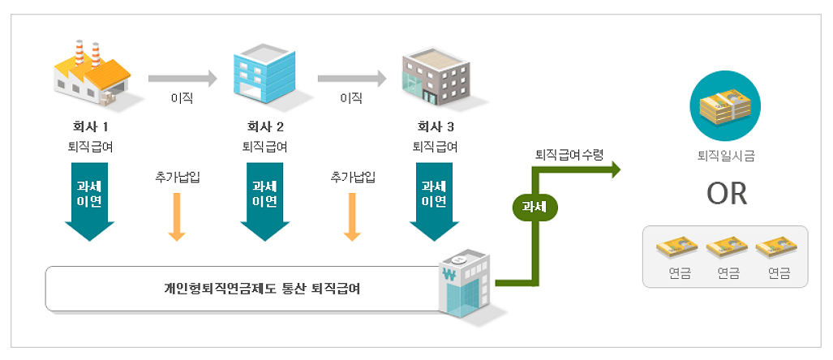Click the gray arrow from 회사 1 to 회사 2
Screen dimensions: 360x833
[182, 79]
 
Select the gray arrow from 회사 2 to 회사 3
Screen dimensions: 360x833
[351, 79]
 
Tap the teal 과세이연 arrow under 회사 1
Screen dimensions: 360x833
[89, 198]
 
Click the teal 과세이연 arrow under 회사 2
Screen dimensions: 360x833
[264, 198]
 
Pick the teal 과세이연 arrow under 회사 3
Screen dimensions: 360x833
[435, 198]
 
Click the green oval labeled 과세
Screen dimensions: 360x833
[535, 206]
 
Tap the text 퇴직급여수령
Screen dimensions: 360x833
[569, 154]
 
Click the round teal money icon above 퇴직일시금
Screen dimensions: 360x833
[724, 105]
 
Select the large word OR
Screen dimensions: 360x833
[726, 195]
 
